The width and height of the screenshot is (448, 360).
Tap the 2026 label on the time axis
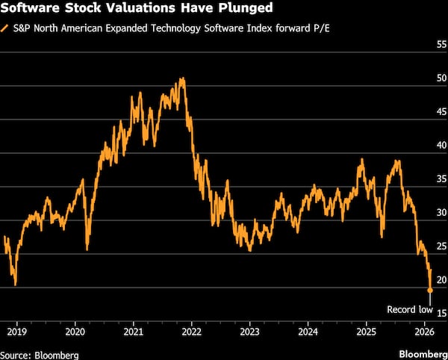(x=424, y=332)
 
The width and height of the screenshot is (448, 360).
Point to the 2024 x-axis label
(x=308, y=332)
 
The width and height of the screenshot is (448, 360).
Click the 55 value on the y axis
(x=442, y=45)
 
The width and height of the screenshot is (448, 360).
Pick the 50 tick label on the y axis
(x=442, y=78)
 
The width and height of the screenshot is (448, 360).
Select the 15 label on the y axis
(x=442, y=314)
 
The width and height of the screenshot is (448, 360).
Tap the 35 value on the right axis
(x=442, y=179)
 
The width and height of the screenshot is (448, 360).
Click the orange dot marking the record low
(x=430, y=291)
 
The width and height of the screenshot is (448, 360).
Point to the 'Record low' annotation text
(x=410, y=309)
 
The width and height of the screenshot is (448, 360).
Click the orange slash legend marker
(x=5, y=29)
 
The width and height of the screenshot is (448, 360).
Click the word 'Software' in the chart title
(x=31, y=7)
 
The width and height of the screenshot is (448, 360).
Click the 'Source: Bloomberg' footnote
(x=40, y=355)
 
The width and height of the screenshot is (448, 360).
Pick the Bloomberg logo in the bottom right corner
(x=423, y=355)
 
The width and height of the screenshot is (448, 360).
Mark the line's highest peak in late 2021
(x=182, y=78)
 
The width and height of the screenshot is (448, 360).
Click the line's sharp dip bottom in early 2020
(x=87, y=249)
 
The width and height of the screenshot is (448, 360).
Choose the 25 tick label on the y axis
(x=442, y=246)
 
